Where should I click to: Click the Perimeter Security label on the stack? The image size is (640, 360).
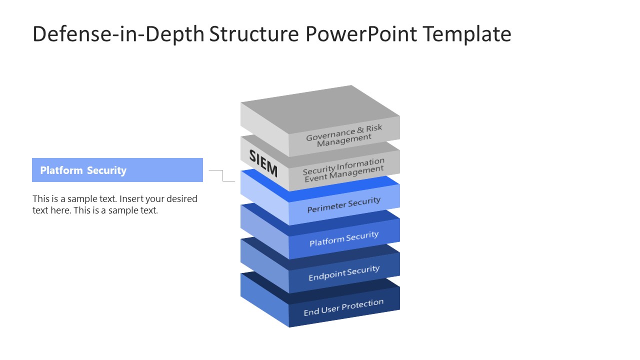tap(344, 204)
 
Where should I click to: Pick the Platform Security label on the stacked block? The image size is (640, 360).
tap(344, 238)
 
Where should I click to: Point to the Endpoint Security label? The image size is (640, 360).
tap(344, 273)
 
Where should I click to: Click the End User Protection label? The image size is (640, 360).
tap(344, 307)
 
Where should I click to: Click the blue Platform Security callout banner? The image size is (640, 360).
tap(117, 170)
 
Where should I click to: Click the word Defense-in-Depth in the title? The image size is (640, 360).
tap(118, 34)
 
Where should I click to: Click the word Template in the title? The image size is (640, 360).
tap(466, 34)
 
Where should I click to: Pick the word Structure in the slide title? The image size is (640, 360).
tap(253, 34)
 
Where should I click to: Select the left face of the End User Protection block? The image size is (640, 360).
tap(264, 299)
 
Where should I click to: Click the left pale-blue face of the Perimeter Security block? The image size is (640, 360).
tap(264, 196)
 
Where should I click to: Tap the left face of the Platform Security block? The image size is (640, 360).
tap(264, 230)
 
